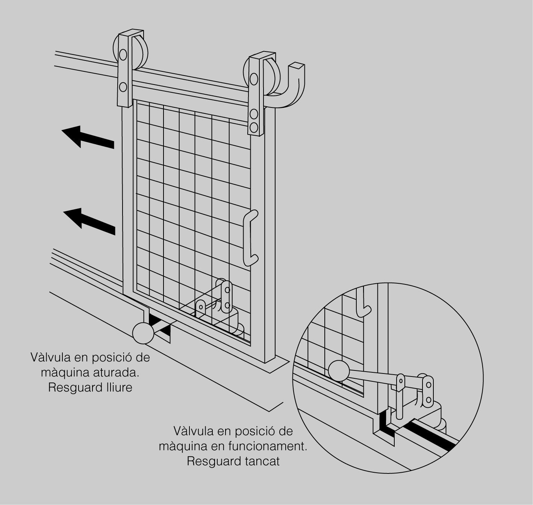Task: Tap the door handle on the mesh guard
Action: [x=250, y=239]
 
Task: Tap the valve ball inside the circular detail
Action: [x=339, y=371]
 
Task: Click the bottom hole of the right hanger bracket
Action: [x=254, y=127]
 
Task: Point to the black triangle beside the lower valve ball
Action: [x=164, y=331]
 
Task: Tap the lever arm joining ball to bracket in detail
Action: [x=372, y=376]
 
